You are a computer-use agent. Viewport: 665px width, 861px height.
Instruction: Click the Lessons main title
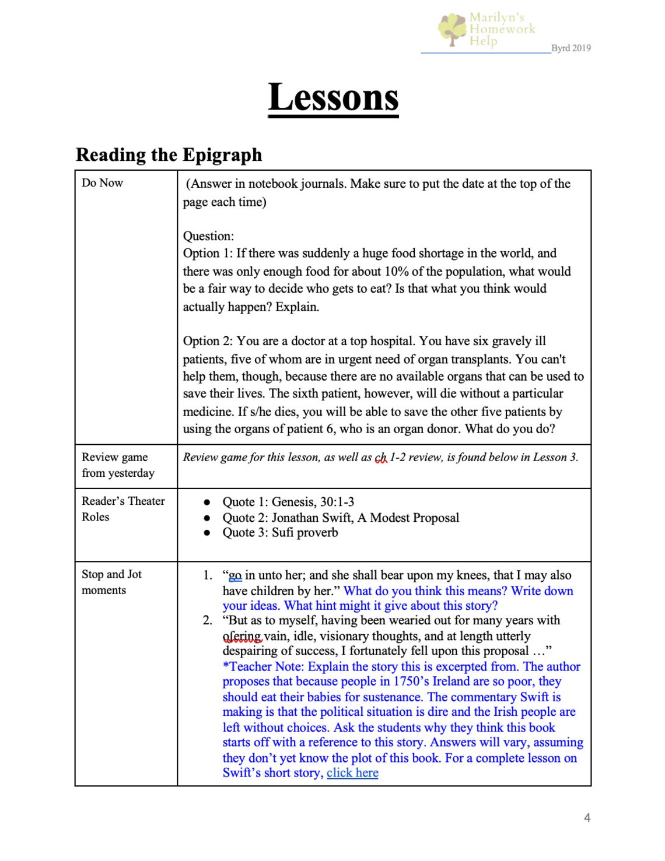333,97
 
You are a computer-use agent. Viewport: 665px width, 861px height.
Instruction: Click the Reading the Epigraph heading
169,154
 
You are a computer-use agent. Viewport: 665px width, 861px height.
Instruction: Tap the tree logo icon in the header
452,29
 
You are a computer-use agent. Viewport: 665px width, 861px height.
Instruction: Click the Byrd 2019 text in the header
570,48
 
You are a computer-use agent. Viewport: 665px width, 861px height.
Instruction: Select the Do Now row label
102,183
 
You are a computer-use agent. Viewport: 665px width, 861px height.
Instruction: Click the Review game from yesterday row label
118,465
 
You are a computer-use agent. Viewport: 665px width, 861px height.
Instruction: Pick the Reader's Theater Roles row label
123,509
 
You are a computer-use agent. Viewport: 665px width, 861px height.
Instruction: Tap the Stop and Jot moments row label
111,582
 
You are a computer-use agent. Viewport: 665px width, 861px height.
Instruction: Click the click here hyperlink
352,773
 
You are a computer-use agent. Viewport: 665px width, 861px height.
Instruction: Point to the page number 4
587,818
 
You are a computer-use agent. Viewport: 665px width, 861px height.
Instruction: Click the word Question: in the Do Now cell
208,236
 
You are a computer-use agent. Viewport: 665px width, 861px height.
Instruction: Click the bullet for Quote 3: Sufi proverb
206,533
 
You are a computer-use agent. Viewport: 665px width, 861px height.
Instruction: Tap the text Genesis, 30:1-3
313,502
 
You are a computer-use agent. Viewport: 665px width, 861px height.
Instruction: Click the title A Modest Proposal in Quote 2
408,518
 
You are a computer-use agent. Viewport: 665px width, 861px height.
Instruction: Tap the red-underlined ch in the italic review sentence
380,458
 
